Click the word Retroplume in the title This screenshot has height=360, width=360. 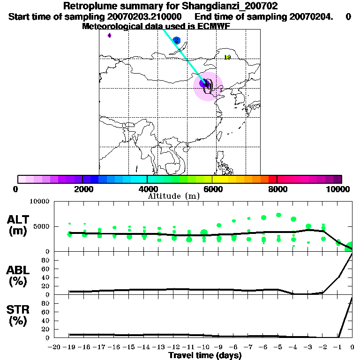[86, 6]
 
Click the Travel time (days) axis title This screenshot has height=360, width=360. [205, 356]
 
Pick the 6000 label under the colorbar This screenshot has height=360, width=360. [212, 189]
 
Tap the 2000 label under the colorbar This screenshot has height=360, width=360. [82, 189]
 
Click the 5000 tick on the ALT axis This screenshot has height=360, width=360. [42, 227]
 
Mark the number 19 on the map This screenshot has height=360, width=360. [227, 57]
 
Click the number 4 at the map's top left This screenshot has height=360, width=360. [109, 35]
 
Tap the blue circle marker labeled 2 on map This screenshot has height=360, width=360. [176, 41]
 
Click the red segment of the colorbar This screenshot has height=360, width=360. [272, 179]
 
